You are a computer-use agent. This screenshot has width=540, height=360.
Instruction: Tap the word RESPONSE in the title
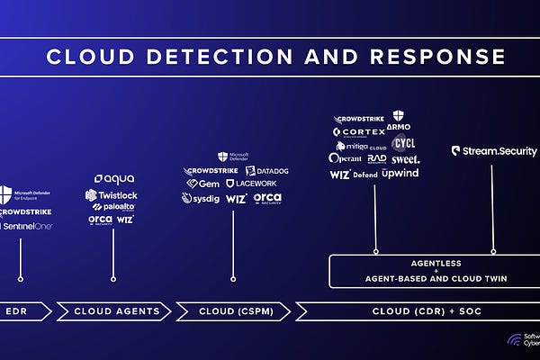point(439,58)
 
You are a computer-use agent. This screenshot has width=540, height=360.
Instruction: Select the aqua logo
point(113,179)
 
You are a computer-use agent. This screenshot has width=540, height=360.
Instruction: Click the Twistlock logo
point(113,194)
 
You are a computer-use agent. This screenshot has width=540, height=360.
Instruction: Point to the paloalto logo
point(112,207)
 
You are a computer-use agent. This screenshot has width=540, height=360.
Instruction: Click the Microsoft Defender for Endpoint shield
point(7,193)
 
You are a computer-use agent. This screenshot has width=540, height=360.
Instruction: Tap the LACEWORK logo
point(263,184)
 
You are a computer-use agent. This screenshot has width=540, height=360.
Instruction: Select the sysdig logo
point(201,198)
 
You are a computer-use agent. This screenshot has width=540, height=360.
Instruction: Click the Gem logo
point(203,184)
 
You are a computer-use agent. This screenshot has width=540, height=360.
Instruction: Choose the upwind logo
point(400,173)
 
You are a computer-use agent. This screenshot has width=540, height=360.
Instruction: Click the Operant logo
point(346,158)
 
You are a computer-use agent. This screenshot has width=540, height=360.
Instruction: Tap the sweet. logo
point(405,158)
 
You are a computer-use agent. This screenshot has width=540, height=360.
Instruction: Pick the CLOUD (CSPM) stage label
point(232,311)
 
